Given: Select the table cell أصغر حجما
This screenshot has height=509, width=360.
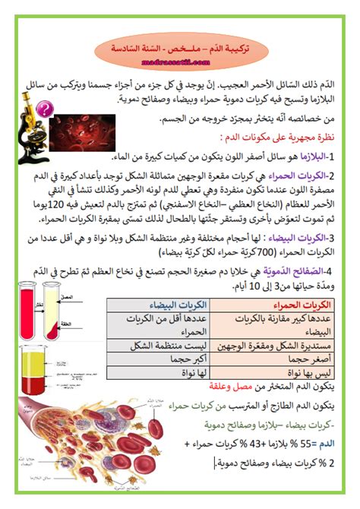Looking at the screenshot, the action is tap(306, 358).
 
